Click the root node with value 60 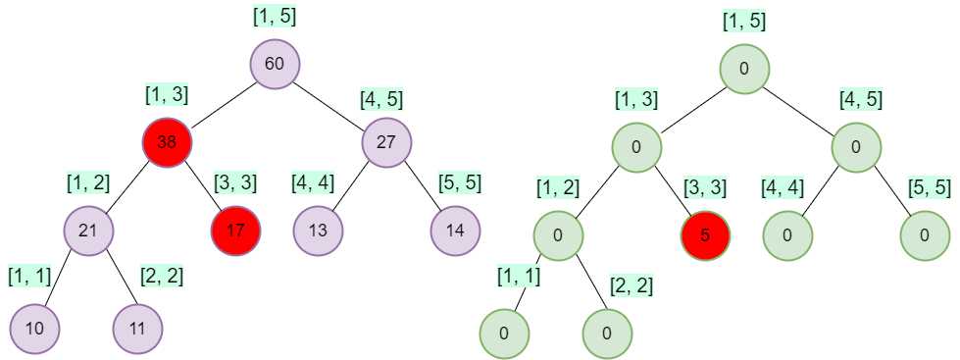[275, 65]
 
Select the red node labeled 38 [167, 141]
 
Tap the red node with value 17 [235, 231]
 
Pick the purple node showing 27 [387, 141]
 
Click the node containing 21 [89, 231]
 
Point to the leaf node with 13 [318, 231]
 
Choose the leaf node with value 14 [455, 231]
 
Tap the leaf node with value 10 [35, 329]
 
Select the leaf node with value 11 [137, 329]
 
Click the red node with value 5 [705, 235]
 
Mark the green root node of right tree [744, 69]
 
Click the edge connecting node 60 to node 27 [331, 103]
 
